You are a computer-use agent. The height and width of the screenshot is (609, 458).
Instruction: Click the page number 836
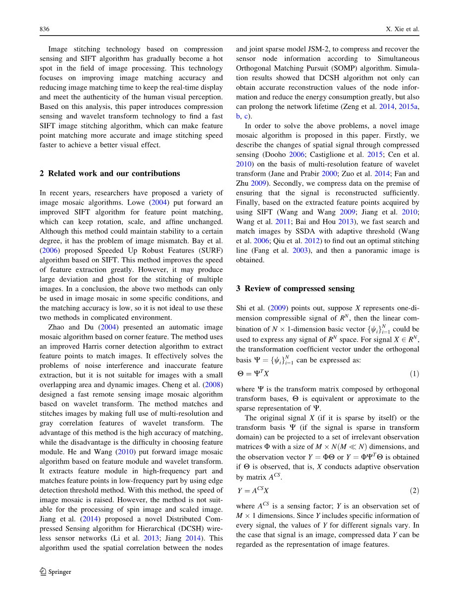coord(45,29)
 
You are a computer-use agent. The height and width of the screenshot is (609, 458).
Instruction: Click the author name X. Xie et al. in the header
coord(403,29)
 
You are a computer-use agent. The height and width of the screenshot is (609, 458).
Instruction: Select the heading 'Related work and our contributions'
coord(109,173)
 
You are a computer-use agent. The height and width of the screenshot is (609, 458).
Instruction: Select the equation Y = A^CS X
coord(253,491)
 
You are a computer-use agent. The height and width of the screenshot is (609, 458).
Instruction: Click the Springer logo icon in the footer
coord(43,571)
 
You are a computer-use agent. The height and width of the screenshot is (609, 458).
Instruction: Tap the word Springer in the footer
coord(60,572)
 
